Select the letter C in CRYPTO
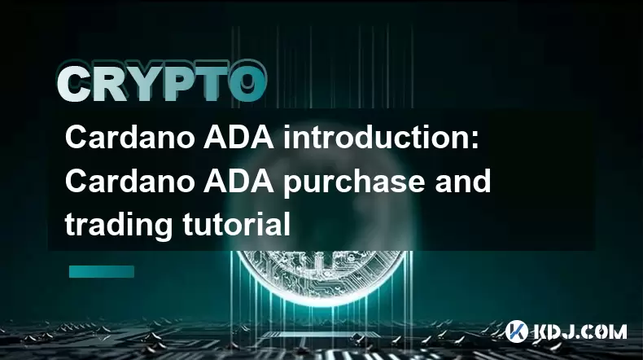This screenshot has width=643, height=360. pos(75,85)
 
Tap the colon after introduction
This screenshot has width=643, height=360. pos(474,141)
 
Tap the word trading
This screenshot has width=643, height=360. pos(119,226)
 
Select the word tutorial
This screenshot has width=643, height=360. pos(236,224)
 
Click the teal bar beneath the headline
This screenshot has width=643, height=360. pos(102,271)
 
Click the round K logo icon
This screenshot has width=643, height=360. pos(517,331)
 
